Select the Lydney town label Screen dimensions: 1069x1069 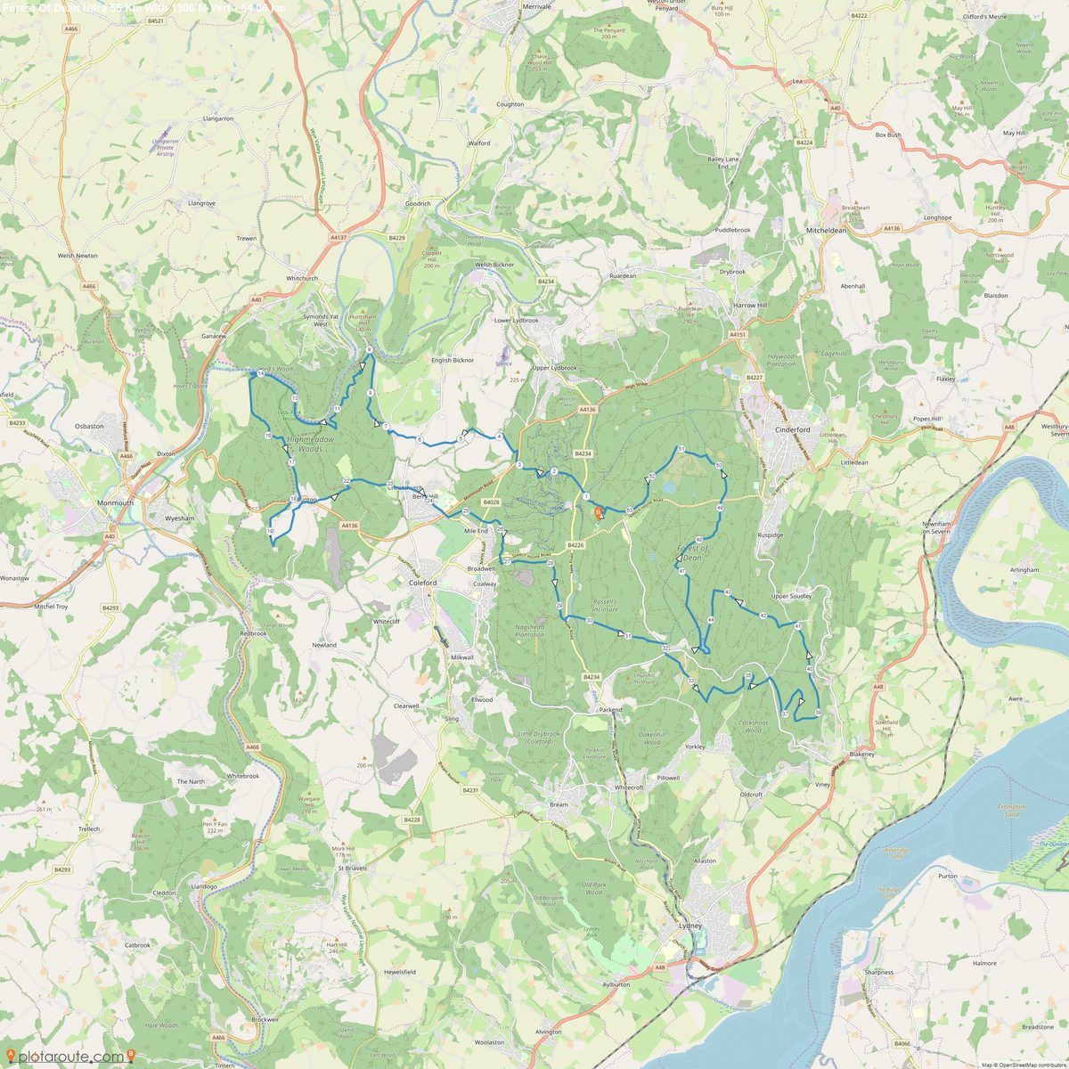click(x=690, y=926)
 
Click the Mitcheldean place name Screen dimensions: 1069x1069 click(x=826, y=230)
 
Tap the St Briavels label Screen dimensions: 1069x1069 click(x=351, y=868)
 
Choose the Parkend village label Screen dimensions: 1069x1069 click(x=610, y=710)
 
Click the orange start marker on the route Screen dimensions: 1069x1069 click(x=599, y=512)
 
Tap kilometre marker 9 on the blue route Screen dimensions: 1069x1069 click(x=368, y=349)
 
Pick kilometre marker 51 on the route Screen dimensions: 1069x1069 click(x=681, y=450)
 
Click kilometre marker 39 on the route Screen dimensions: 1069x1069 click(x=818, y=713)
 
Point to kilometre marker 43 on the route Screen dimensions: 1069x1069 click(x=728, y=592)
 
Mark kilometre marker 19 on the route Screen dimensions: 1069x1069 click(x=270, y=531)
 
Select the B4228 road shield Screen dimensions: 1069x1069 click(x=411, y=820)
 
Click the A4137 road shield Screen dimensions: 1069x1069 click(x=338, y=238)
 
